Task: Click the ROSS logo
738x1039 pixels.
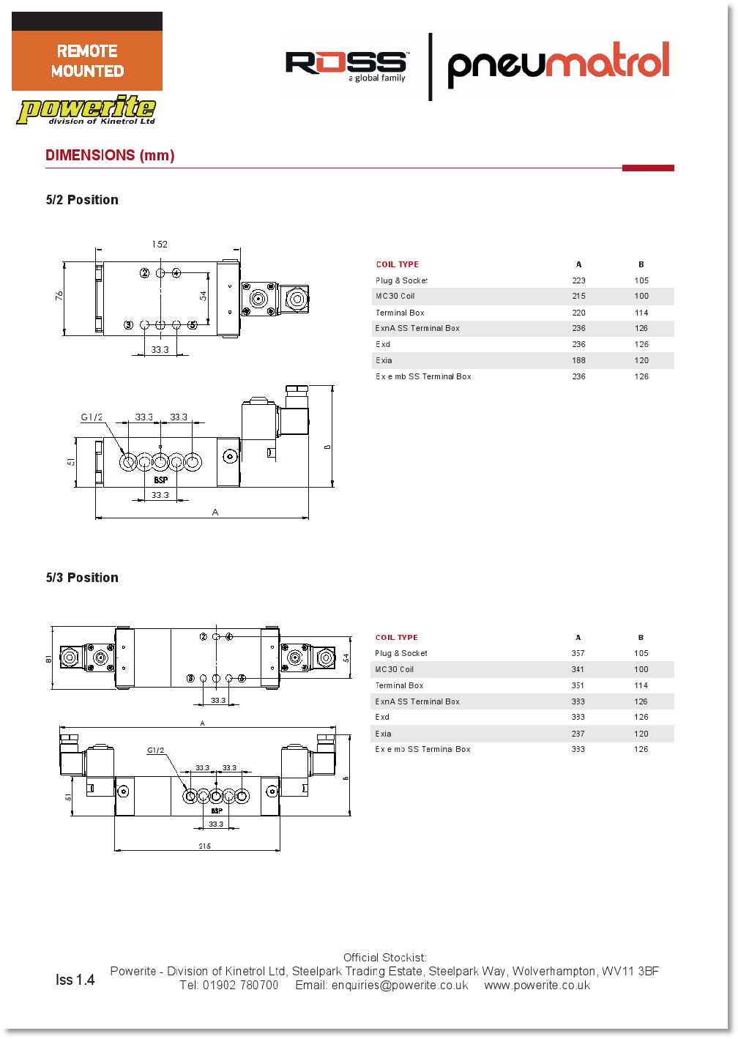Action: coord(346,66)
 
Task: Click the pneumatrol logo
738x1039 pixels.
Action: coord(558,63)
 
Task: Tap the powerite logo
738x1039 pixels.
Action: coord(86,111)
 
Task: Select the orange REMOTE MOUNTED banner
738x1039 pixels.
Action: coord(87,61)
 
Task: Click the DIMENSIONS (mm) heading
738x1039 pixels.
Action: coord(110,155)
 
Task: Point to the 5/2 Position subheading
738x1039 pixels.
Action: coord(82,200)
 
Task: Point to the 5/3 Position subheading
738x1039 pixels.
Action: coord(82,578)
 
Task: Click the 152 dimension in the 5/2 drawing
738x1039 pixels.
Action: coord(160,245)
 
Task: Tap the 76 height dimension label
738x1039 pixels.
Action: coord(59,295)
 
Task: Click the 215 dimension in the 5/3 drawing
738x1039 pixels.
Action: coord(204,846)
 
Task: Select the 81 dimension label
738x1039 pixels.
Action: coord(49,659)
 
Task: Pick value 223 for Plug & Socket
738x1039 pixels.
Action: coord(579,280)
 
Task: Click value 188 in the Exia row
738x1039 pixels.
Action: coord(579,360)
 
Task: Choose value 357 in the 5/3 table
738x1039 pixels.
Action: coord(578,653)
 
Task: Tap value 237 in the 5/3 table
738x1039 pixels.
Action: coord(578,734)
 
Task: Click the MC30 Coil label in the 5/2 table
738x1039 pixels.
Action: coord(395,297)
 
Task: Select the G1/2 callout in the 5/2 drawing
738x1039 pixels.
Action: coord(92,417)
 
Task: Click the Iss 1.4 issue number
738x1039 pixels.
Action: coord(75,980)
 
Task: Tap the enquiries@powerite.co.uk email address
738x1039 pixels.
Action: coord(400,986)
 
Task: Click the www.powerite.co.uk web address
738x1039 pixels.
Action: coord(537,986)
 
